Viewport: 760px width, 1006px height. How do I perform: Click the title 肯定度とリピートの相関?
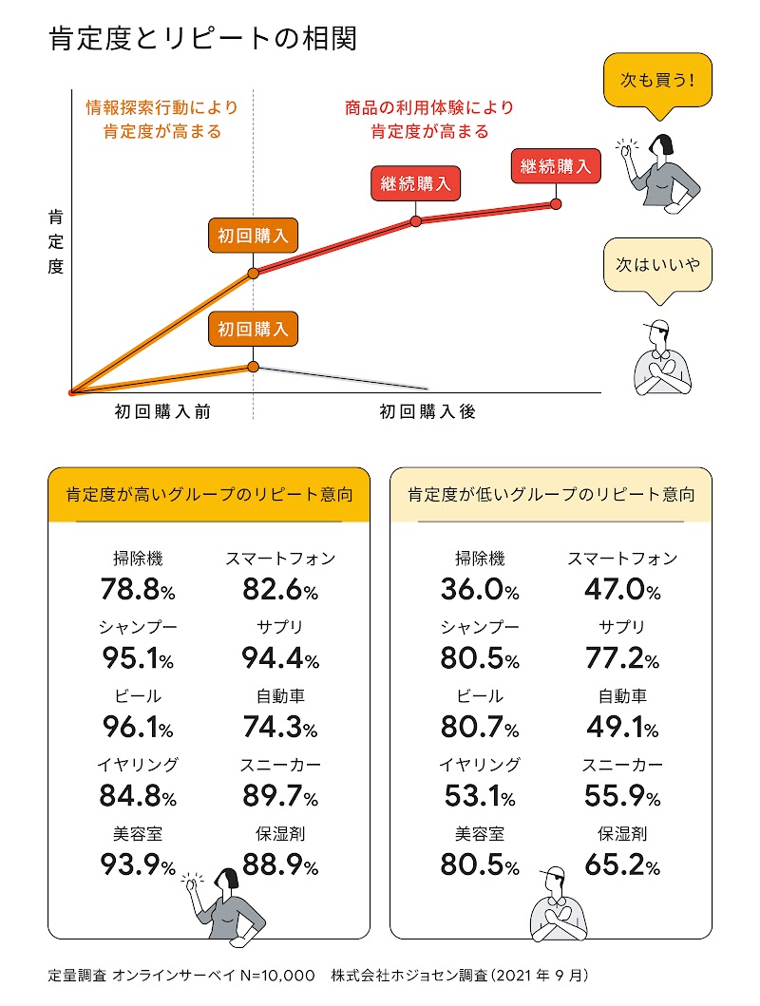point(201,40)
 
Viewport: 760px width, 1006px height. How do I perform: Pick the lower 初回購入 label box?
point(253,330)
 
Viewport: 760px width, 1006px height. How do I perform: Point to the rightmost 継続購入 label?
point(556,167)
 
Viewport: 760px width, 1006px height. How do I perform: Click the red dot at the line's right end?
point(556,203)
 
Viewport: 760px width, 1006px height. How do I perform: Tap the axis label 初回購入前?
point(162,412)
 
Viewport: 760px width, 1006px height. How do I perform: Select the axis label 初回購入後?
point(427,412)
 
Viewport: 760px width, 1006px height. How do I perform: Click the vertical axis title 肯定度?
point(55,242)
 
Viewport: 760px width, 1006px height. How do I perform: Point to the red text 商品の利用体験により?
point(428,107)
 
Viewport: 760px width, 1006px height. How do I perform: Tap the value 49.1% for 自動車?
point(621,728)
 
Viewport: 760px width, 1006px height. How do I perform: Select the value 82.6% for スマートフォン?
point(280,591)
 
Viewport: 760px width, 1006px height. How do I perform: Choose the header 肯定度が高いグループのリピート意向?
point(209,495)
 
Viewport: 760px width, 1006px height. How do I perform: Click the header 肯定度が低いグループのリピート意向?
point(551,495)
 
